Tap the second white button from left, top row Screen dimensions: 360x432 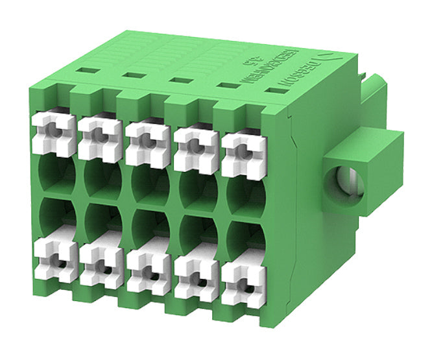pos(99,138)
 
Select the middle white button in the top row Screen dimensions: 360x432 pos(147,142)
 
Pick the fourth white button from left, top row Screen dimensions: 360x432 pos(195,148)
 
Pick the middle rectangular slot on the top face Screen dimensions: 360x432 pos(178,80)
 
